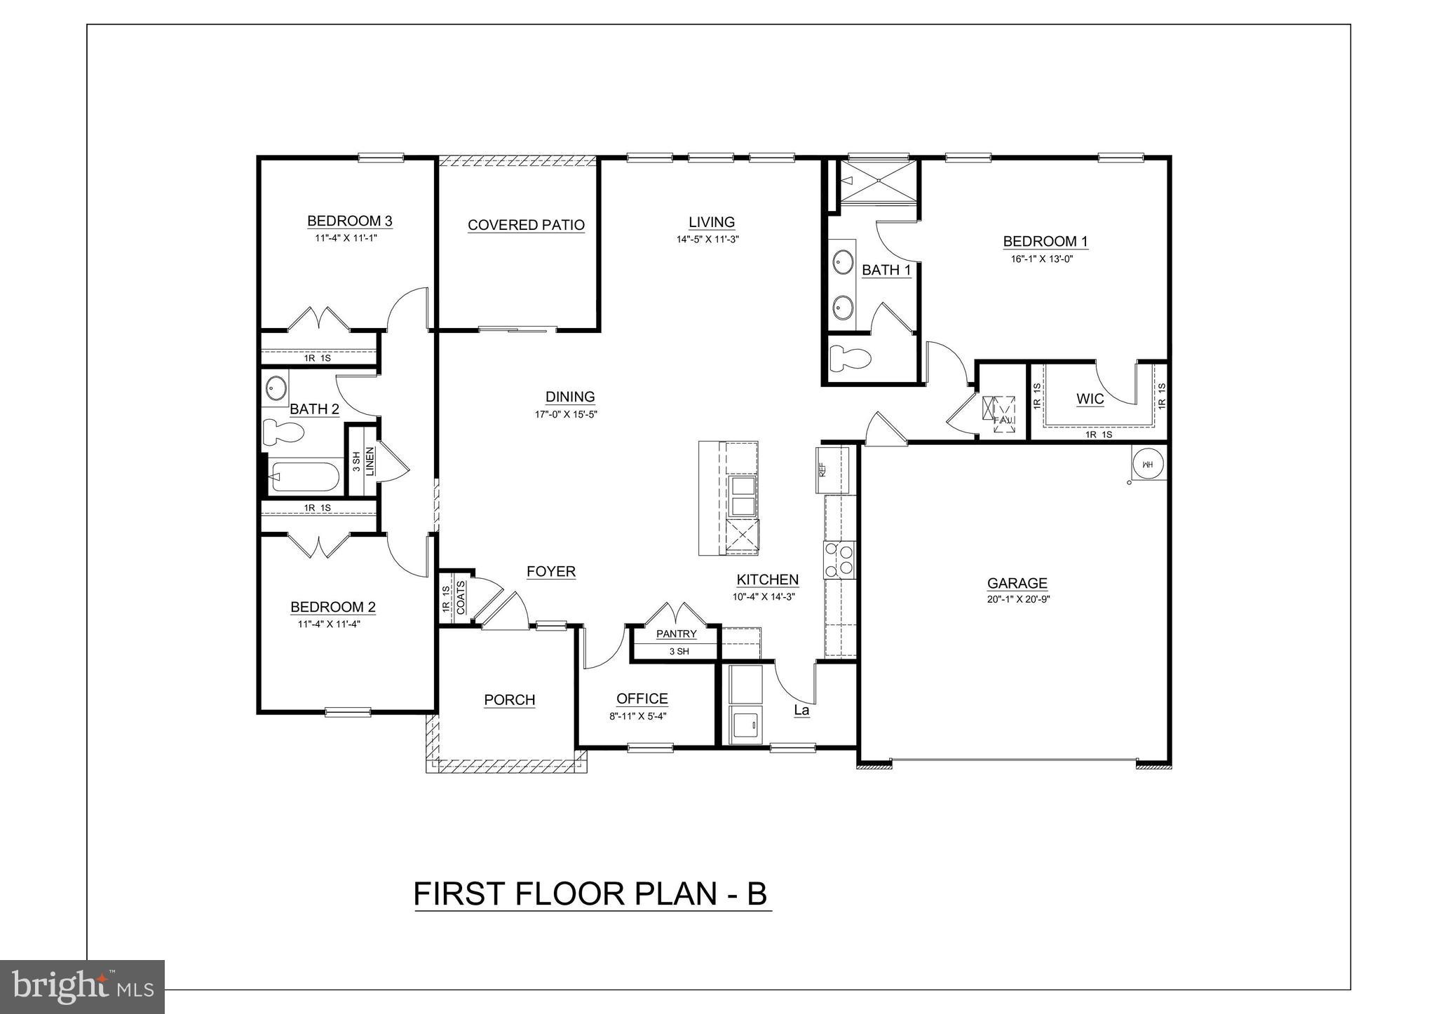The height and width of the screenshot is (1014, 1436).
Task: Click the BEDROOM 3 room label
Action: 349,221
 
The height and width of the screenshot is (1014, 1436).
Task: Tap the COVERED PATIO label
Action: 526,225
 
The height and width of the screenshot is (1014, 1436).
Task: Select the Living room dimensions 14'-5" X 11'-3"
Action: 708,239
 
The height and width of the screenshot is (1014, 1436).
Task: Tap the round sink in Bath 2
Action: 276,388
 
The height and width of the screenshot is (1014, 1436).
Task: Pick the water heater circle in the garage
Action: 1148,464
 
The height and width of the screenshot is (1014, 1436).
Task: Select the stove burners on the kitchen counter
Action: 840,560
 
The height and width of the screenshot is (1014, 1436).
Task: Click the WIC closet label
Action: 1090,399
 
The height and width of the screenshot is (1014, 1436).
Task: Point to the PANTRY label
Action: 676,634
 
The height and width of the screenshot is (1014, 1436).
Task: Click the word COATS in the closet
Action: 461,598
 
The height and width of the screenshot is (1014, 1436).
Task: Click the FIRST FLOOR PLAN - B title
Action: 590,894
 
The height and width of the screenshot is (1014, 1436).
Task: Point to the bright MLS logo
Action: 83,987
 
